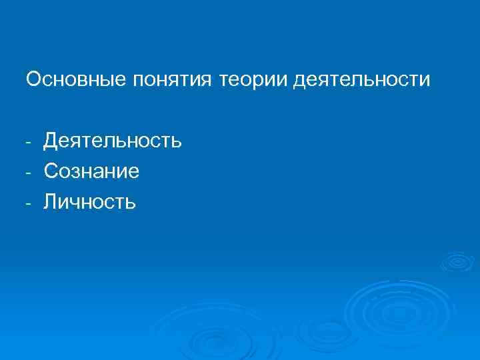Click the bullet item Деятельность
pyautogui.click(x=113, y=141)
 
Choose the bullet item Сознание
pyautogui.click(x=91, y=171)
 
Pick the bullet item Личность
pyautogui.click(x=90, y=201)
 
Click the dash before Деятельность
pyautogui.click(x=30, y=143)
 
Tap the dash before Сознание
pyautogui.click(x=30, y=173)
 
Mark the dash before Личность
pyautogui.click(x=30, y=203)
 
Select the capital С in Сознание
pyautogui.click(x=51, y=171)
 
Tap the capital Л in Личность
pyautogui.click(x=51, y=201)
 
